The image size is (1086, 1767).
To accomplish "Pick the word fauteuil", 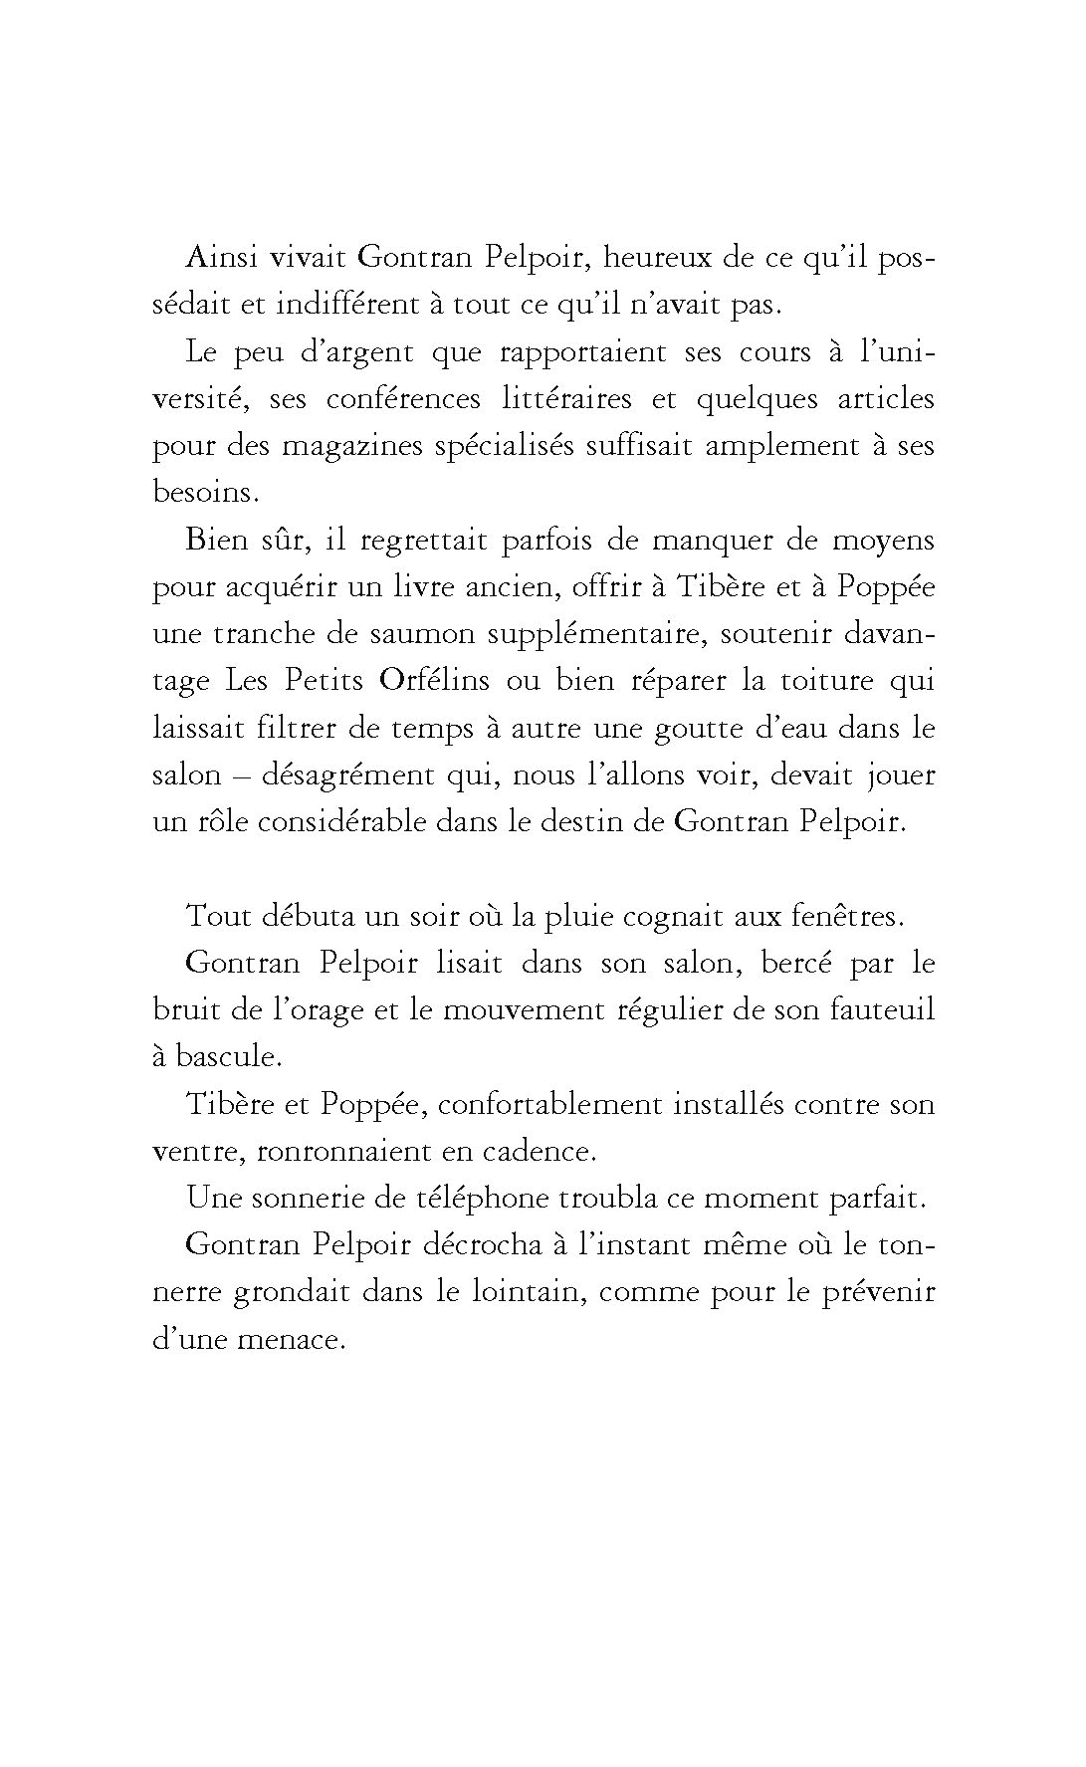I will click(880, 1010).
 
